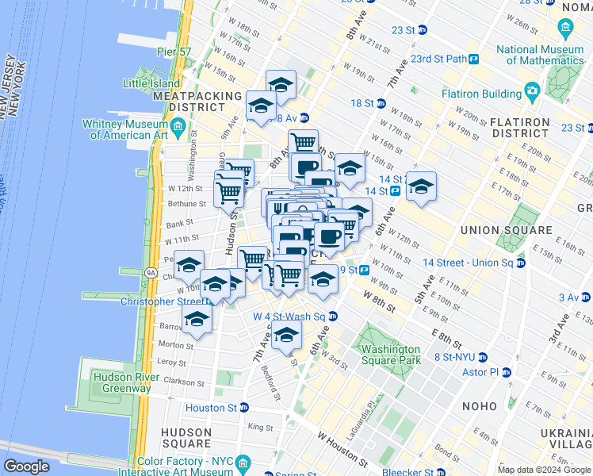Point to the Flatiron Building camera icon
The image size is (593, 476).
pyautogui.click(x=533, y=92)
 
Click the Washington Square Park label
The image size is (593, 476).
pyautogui.click(x=390, y=355)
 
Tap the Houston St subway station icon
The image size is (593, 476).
pyautogui.click(x=244, y=408)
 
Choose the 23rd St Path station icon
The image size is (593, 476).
pyautogui.click(x=473, y=59)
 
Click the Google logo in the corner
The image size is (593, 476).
pyautogui.click(x=27, y=466)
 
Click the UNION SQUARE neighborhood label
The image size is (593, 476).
pyautogui.click(x=506, y=230)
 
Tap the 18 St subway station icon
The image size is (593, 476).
pyautogui.click(x=381, y=104)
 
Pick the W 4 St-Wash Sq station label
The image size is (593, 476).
pyautogui.click(x=289, y=316)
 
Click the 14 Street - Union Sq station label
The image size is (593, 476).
pyautogui.click(x=469, y=263)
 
